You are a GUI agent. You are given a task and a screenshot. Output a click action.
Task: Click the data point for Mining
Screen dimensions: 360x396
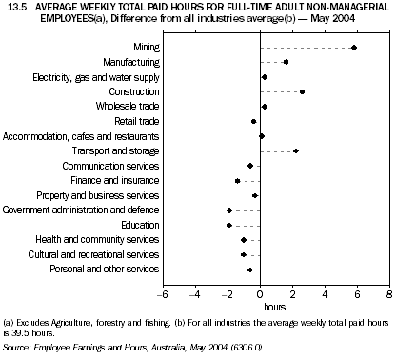(354, 47)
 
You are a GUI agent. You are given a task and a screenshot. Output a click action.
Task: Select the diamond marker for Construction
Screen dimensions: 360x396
(302, 91)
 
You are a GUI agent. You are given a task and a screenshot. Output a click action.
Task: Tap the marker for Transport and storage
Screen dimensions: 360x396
(296, 150)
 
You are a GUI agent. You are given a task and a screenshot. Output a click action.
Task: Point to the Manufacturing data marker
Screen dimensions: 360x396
(286, 62)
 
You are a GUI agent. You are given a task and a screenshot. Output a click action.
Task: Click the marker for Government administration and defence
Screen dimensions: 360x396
(229, 210)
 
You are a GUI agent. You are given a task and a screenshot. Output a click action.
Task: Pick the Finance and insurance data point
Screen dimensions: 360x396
(238, 180)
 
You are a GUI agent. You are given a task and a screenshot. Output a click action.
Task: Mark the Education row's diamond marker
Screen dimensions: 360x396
(229, 225)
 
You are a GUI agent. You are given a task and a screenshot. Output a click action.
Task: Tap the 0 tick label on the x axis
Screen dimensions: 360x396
(260, 295)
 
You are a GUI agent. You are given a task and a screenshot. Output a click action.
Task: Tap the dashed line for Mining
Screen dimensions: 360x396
(307, 47)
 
